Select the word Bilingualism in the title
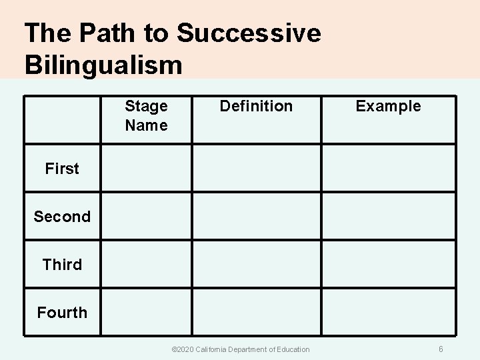pyautogui.click(x=103, y=65)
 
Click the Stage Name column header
pyautogui.click(x=146, y=115)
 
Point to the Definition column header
pyautogui.click(x=256, y=106)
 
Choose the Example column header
pyautogui.click(x=388, y=106)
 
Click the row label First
pyautogui.click(x=62, y=169)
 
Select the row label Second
pyautogui.click(x=62, y=217)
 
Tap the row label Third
pyautogui.click(x=62, y=265)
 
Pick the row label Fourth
pyautogui.click(x=62, y=312)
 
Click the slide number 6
pyautogui.click(x=441, y=349)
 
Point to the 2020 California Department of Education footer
pyautogui.click(x=241, y=349)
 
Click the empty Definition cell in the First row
pyautogui.click(x=257, y=168)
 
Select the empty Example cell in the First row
pyautogui.click(x=389, y=168)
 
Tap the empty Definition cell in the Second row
pyautogui.click(x=257, y=216)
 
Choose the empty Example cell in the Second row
pyautogui.click(x=389, y=216)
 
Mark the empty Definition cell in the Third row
pyautogui.click(x=257, y=264)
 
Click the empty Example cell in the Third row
pyautogui.click(x=389, y=264)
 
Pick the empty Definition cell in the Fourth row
pyautogui.click(x=257, y=311)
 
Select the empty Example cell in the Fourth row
pyautogui.click(x=389, y=311)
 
